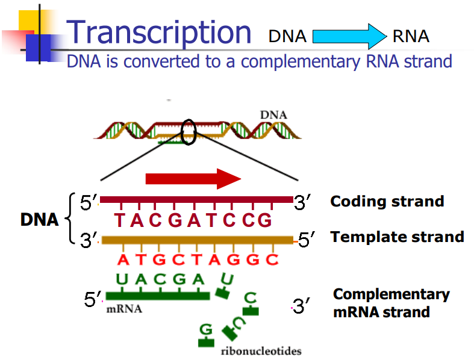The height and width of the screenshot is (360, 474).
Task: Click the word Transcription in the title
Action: [x=159, y=31]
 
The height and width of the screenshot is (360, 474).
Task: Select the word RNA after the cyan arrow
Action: [x=411, y=37]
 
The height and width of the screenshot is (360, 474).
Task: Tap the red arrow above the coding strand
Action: [x=193, y=178]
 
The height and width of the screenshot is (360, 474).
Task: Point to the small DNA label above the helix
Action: [x=273, y=114]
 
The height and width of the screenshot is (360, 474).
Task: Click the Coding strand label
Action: [x=387, y=202]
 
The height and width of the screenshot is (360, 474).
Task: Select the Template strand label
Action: [x=397, y=237]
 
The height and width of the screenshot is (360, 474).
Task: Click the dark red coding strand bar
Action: [x=196, y=199]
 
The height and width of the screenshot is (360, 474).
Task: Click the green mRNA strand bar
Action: [x=157, y=296]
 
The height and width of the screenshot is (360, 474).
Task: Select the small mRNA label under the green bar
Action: [x=125, y=309]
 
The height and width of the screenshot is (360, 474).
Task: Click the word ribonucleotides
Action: [x=261, y=351]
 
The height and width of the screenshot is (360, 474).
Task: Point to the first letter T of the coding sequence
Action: [x=120, y=221]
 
